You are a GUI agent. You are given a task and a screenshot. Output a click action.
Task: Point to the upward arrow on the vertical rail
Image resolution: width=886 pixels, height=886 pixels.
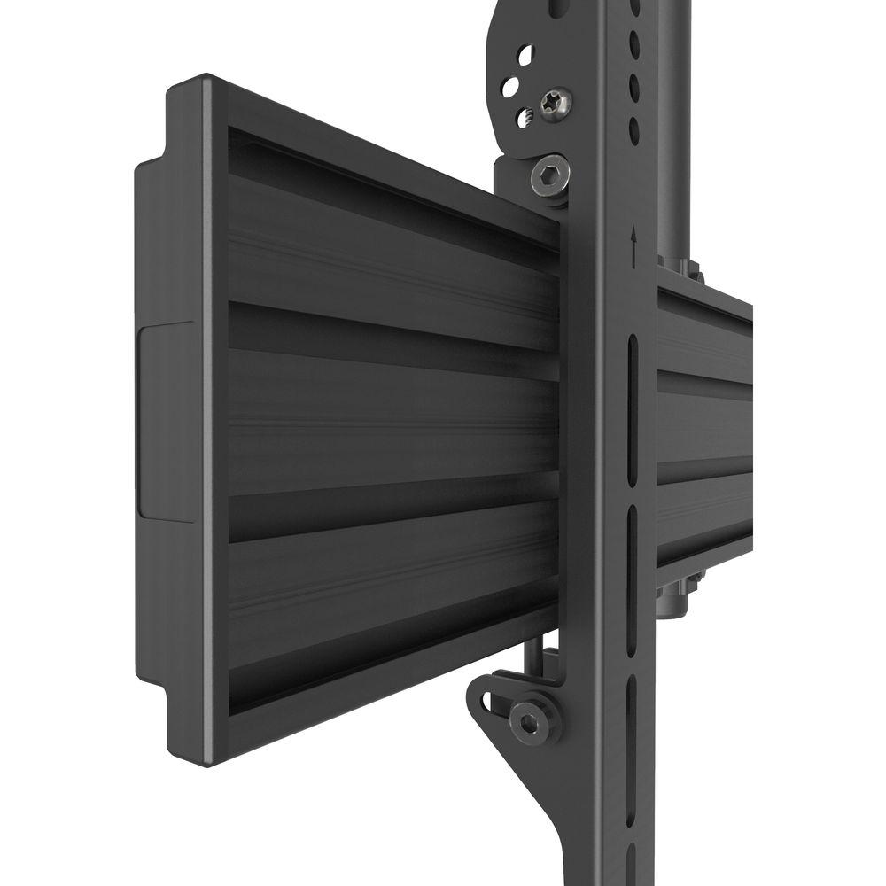[633, 239]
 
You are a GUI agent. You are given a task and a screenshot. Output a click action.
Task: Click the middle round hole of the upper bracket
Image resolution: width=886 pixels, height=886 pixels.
[510, 87]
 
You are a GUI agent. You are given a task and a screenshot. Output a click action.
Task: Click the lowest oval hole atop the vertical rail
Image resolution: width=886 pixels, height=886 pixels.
[634, 129]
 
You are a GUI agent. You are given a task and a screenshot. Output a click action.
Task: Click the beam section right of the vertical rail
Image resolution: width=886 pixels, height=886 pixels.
[704, 425]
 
